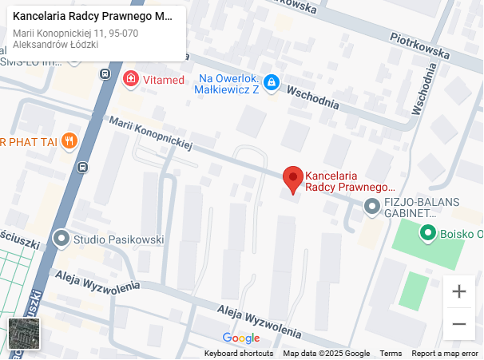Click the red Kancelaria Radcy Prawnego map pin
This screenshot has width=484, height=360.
(x=293, y=179)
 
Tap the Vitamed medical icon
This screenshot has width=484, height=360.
(x=130, y=79)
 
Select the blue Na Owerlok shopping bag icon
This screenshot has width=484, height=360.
(x=271, y=82)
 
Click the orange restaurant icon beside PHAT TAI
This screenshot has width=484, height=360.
(x=69, y=141)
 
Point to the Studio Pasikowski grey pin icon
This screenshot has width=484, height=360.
(x=61, y=239)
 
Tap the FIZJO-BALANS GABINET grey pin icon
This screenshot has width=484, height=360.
(x=371, y=207)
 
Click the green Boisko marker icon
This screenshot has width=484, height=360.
(x=428, y=234)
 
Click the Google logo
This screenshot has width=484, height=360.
(x=241, y=338)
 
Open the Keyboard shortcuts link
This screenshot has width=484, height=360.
(x=239, y=354)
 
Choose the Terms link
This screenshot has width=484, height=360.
(x=391, y=354)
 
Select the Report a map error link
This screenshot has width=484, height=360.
(x=445, y=354)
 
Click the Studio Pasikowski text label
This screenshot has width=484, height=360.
(x=118, y=239)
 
